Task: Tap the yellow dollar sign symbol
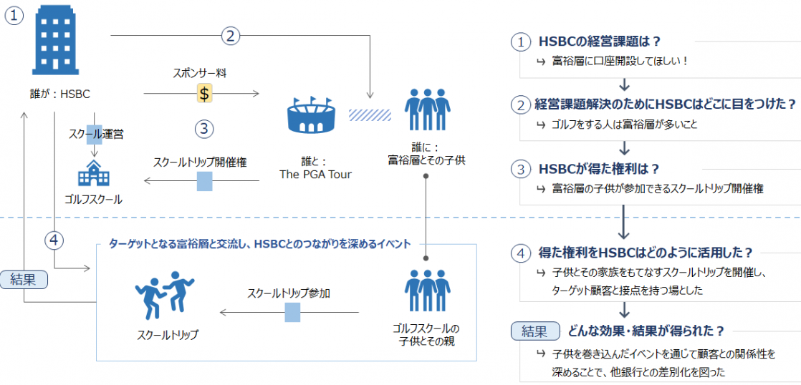[204, 93]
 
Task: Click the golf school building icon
[93, 172]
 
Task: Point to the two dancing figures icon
[165, 293]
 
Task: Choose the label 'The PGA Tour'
[316, 175]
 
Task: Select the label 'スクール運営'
[96, 135]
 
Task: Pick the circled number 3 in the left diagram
[203, 129]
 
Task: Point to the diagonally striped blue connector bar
[370, 114]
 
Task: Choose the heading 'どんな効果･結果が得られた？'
[646, 331]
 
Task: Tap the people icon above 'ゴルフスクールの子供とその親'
[428, 290]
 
